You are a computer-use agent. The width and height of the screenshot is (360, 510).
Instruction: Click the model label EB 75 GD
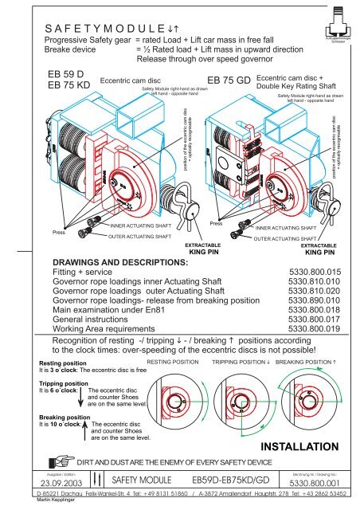coord(229,81)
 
